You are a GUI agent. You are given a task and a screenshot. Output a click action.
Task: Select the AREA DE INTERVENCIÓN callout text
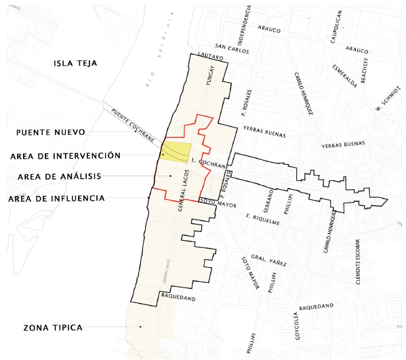pyautogui.click(x=66, y=155)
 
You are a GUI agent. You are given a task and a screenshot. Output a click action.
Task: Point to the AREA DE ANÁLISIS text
pyautogui.click(x=59, y=176)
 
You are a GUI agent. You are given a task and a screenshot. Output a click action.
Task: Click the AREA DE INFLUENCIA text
pyautogui.click(x=56, y=199)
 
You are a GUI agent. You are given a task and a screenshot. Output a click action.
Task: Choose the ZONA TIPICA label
pyautogui.click(x=52, y=327)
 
